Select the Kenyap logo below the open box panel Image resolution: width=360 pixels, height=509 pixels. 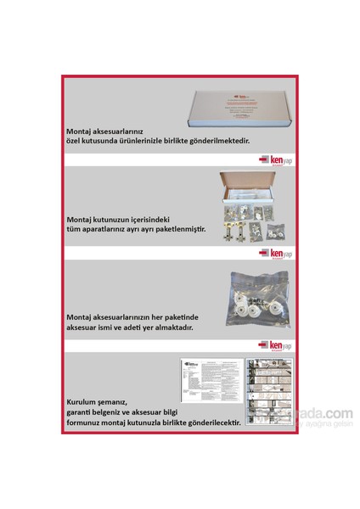coord(276,253)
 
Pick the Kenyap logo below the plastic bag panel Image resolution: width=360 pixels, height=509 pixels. coord(276,345)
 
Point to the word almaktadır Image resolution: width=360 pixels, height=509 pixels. coord(182,327)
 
